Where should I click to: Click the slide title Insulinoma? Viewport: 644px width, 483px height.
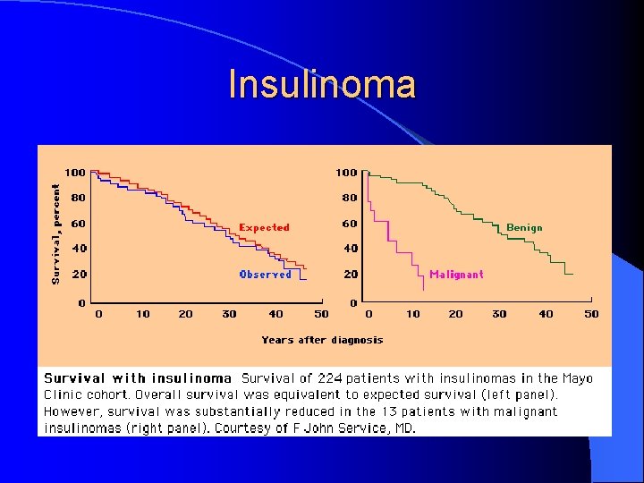pos(322,85)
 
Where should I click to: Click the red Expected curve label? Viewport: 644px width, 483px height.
pos(264,228)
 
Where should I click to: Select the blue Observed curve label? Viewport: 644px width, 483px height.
pos(266,275)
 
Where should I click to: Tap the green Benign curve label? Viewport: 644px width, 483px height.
pos(524,228)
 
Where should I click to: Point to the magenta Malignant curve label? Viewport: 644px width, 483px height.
pos(456,275)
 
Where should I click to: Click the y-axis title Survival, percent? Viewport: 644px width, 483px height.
pos(55,234)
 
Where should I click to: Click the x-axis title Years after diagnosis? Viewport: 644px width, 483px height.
pos(322,340)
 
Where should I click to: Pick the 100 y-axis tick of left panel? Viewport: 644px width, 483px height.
pos(75,172)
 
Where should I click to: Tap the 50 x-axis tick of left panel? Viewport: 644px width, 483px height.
pos(321,314)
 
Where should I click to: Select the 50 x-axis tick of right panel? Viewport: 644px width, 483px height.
pos(591,314)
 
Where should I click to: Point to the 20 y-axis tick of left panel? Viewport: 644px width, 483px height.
pos(79,275)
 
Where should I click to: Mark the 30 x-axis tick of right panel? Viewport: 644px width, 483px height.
pos(499,314)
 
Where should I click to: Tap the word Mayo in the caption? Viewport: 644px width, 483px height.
pos(578,378)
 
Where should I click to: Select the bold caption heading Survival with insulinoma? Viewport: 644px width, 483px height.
pos(138,378)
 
